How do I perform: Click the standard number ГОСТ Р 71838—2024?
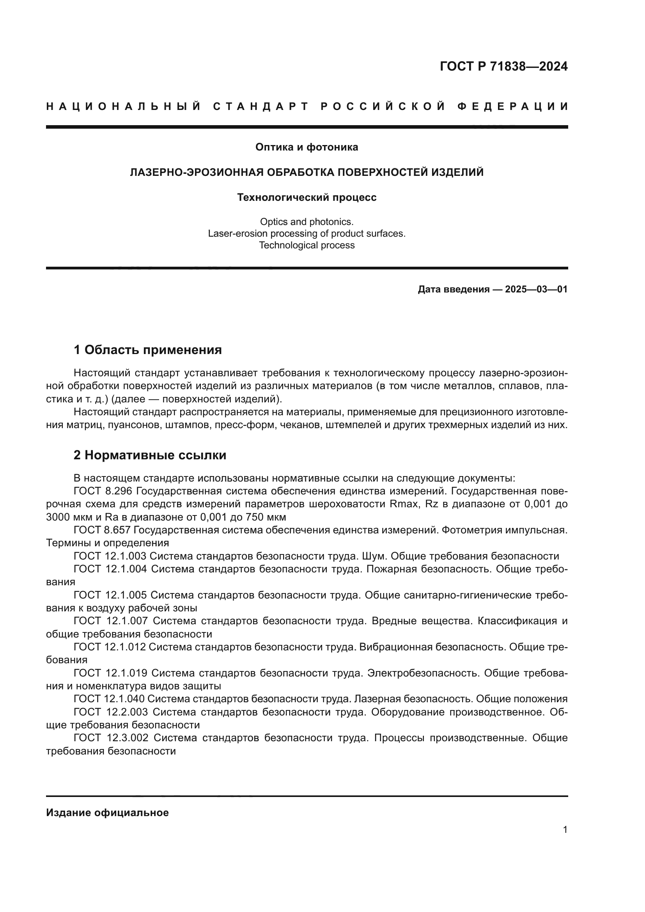coord(503,66)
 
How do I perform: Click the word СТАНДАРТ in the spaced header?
coord(260,106)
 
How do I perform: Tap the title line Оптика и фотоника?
coord(307,147)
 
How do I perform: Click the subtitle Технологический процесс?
coord(307,197)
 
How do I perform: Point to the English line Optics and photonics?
coord(307,221)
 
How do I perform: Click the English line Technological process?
coord(307,246)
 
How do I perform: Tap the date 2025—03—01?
coord(536,290)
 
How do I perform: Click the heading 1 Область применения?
coord(147,350)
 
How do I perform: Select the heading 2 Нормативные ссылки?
coord(150,455)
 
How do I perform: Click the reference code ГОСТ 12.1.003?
coord(110,556)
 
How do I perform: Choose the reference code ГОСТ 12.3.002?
coord(111,738)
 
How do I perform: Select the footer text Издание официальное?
coord(107,813)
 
